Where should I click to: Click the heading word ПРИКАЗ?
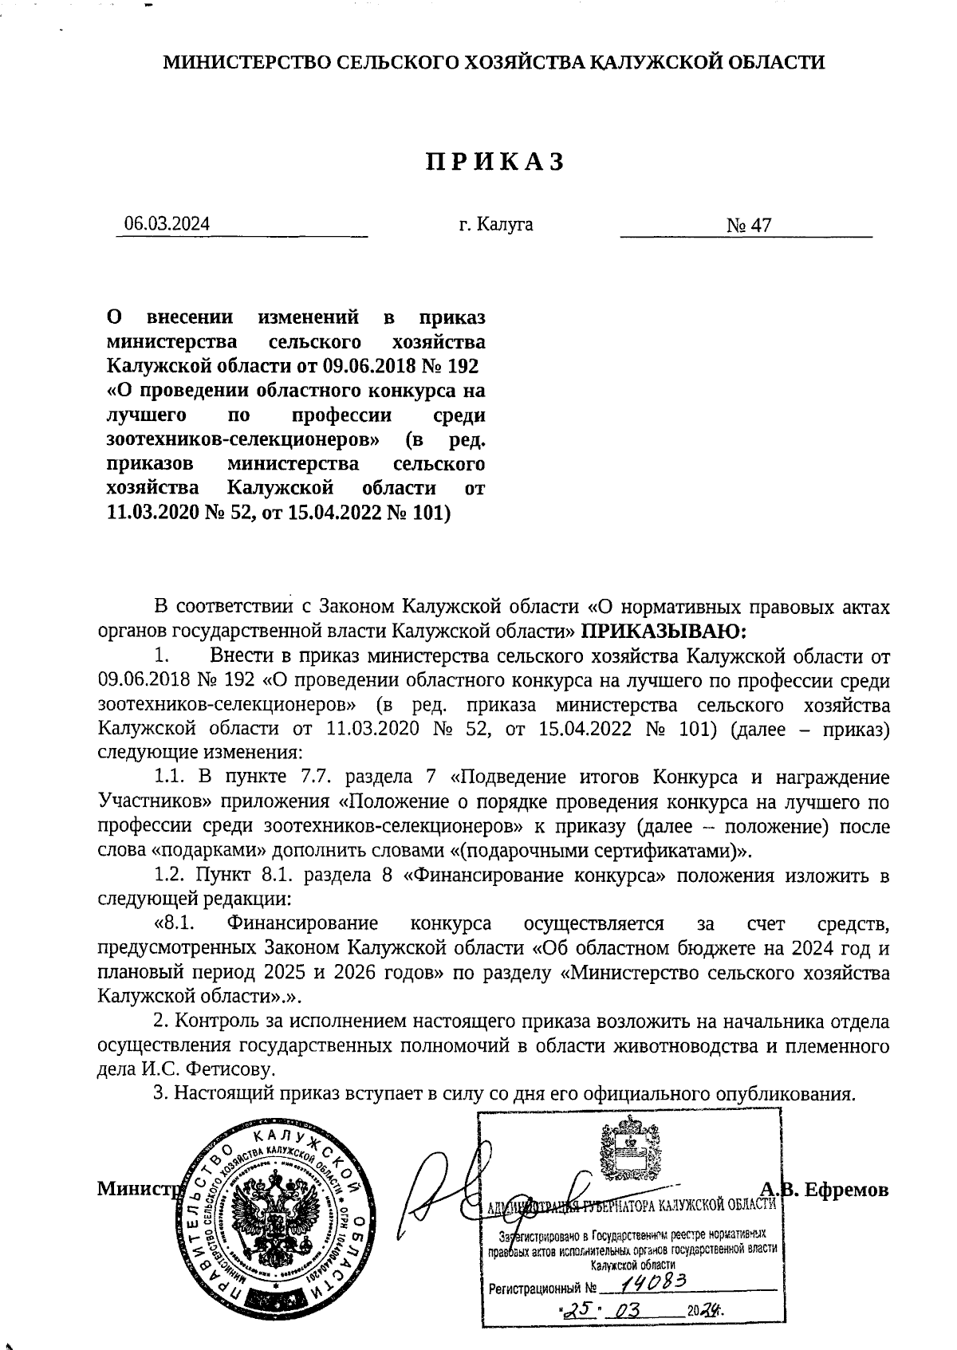(494, 162)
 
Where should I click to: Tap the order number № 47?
(749, 226)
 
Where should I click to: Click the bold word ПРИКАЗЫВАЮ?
(664, 631)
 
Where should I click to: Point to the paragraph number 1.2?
(171, 876)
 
